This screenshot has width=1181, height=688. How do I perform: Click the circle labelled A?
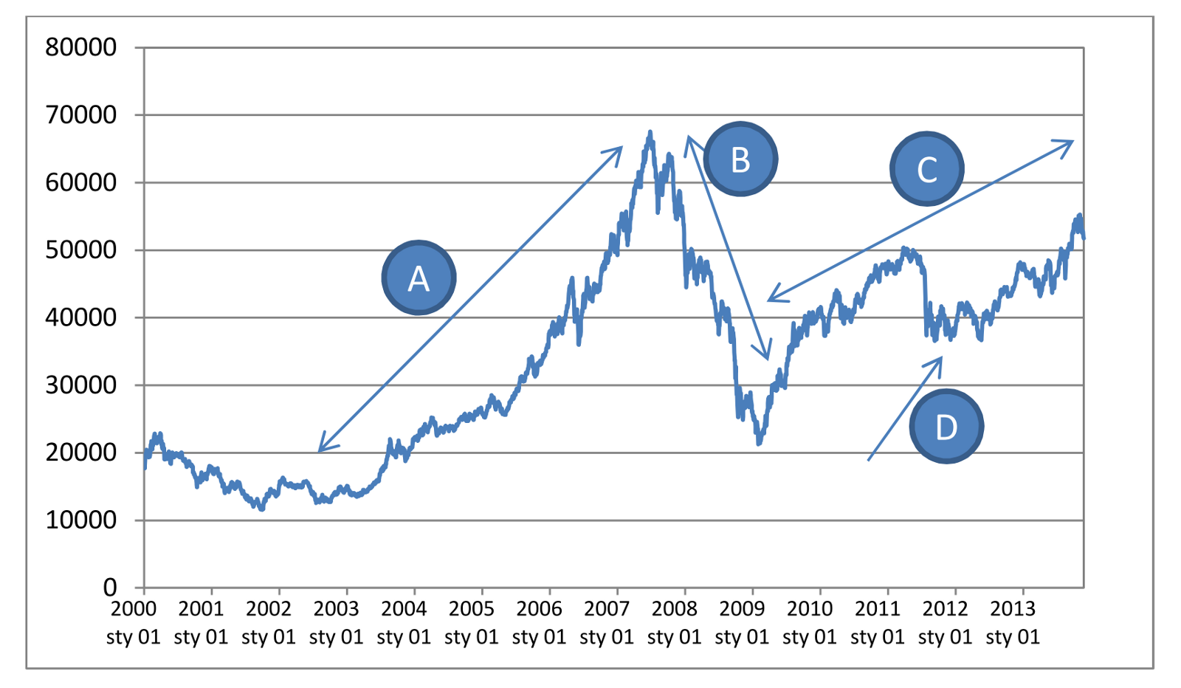point(419,278)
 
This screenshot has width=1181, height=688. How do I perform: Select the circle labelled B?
point(740,159)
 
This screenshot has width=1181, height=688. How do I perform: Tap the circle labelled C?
point(926,169)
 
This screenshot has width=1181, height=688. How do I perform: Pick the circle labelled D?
point(946,427)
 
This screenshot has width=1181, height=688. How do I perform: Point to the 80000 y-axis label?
point(81,47)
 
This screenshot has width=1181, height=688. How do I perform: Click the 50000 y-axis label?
point(81,250)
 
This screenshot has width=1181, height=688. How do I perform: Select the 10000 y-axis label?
point(81,520)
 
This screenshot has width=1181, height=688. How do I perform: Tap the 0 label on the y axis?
point(110,588)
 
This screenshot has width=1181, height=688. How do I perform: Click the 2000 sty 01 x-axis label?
point(134,622)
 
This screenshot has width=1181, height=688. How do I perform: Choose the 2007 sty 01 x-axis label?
point(607,622)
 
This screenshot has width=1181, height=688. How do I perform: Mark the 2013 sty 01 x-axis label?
point(1013,622)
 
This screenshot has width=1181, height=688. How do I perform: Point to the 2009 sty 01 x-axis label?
point(742,622)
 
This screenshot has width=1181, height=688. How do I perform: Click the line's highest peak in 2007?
point(650,132)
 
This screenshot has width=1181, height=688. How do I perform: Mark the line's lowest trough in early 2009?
point(759,444)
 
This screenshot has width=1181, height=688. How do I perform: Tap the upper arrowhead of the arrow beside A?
point(621,148)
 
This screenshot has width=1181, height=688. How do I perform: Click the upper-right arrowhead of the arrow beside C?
point(1072,141)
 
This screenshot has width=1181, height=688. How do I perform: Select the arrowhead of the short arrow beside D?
point(941,358)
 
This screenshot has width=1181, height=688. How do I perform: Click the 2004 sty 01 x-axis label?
point(404,622)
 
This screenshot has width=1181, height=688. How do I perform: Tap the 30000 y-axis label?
point(81,385)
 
